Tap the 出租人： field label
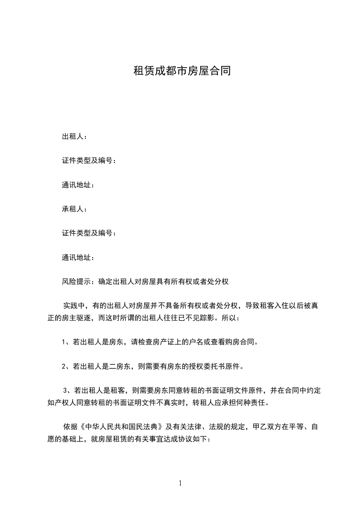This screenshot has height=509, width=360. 74,137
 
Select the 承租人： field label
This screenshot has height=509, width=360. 74,209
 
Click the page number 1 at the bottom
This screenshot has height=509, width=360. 180,484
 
